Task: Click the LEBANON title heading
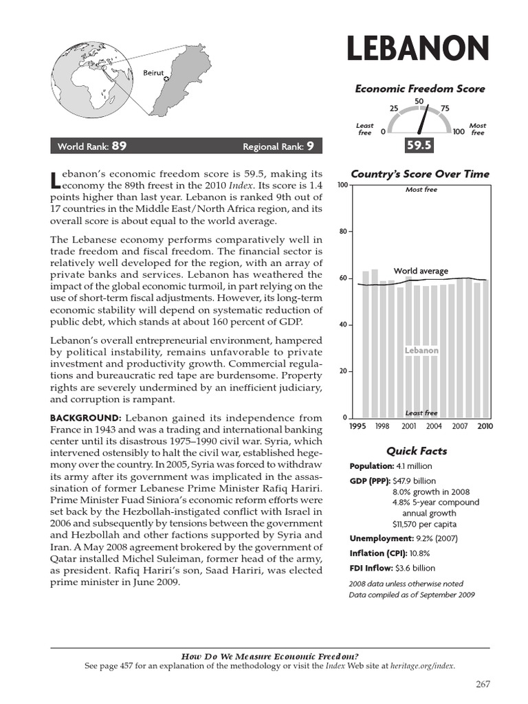(x=418, y=49)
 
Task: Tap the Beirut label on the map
(x=153, y=72)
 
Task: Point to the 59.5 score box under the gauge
(x=419, y=145)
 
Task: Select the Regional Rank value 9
(x=311, y=146)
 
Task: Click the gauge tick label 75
(x=445, y=109)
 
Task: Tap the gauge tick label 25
(x=394, y=109)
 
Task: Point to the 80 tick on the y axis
(x=343, y=232)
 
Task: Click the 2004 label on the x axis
(x=434, y=426)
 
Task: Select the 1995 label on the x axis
(x=357, y=426)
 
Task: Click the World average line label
(x=421, y=271)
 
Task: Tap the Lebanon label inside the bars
(x=421, y=351)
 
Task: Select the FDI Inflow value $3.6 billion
(x=415, y=568)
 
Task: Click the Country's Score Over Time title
(x=420, y=174)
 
